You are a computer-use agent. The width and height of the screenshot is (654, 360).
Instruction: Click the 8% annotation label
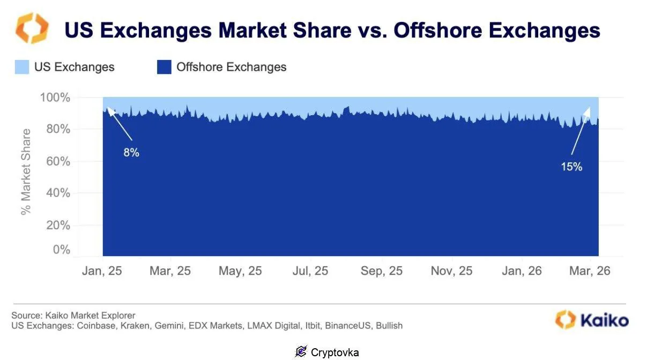(x=131, y=153)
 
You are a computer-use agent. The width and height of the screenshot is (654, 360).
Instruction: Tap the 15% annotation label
(x=571, y=167)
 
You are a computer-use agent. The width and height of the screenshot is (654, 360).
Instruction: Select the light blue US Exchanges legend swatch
(x=22, y=67)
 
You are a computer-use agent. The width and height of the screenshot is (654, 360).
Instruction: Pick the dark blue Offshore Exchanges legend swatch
(x=164, y=67)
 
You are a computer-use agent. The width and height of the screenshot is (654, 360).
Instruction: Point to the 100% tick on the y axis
(x=55, y=97)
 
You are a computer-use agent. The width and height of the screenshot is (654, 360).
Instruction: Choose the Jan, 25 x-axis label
(x=102, y=271)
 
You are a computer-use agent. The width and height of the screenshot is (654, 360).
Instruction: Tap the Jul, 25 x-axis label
(x=310, y=271)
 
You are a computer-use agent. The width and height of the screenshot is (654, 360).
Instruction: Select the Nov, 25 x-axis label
(x=451, y=271)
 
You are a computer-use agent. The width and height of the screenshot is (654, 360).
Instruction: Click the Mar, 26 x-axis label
(x=590, y=271)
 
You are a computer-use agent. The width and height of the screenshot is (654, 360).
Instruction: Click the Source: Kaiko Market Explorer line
(x=73, y=315)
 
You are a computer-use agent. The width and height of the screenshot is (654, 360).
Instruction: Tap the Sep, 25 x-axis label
(x=381, y=271)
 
